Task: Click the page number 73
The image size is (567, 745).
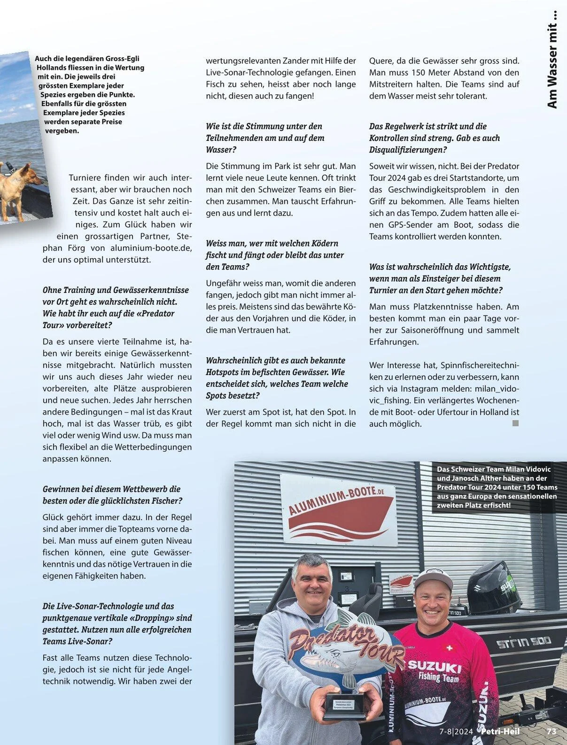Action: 551,731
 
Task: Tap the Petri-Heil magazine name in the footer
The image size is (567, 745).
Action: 500,731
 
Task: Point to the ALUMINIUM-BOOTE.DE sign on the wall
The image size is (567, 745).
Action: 339,510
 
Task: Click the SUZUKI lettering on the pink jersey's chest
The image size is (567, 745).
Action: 435,666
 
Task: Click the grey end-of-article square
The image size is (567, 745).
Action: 516,423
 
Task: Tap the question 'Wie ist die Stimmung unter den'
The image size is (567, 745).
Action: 264,126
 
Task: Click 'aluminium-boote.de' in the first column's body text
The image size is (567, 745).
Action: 150,248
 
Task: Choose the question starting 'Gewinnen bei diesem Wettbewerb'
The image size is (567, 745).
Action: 111,489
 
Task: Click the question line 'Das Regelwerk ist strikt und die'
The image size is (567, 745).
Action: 428,126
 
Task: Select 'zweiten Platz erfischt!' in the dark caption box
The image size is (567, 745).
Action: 474,505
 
